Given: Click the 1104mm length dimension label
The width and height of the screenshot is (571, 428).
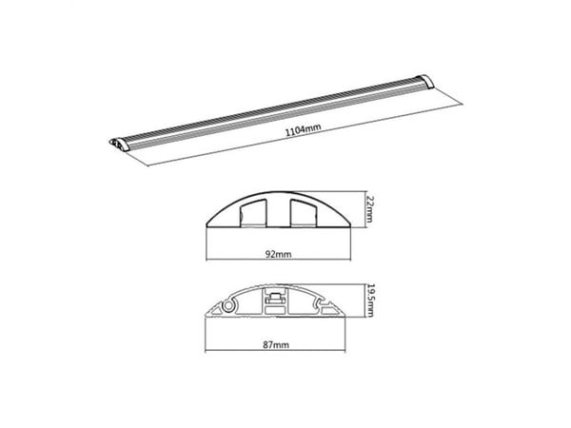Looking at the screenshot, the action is [x=303, y=129].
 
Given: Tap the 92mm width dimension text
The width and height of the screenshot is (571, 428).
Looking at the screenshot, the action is [x=278, y=254].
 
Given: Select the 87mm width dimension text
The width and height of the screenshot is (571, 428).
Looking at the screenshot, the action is [x=276, y=344].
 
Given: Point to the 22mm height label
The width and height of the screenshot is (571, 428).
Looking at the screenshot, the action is [x=369, y=209].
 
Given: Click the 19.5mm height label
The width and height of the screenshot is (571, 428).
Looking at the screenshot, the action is [x=369, y=301].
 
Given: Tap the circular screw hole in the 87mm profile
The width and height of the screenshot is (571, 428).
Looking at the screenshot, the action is [x=228, y=305].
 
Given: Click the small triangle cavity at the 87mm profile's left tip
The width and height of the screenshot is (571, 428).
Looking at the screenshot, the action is [x=216, y=310].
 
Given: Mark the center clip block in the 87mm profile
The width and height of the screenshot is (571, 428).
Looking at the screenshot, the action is [x=275, y=299].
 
